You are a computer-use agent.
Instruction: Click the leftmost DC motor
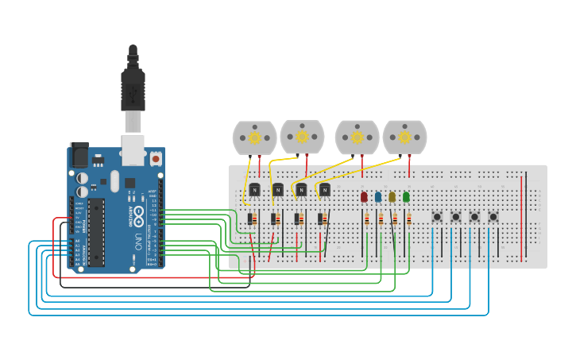pos(254,137)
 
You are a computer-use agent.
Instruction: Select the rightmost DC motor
pos(404,137)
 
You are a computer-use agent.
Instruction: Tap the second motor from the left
pos(302,137)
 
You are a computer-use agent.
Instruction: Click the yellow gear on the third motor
pos(358,137)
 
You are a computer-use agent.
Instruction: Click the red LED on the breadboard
pos(364,196)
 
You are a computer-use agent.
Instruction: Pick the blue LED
pos(378,196)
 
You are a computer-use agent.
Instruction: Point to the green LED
pos(406,196)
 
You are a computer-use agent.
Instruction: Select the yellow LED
pos(392,196)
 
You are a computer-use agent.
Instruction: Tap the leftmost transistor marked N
pos(254,189)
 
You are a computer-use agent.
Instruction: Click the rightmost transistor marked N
pos(324,189)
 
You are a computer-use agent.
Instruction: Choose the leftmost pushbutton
pos(436,216)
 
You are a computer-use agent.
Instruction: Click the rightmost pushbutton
pos(493,216)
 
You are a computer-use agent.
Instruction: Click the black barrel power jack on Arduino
pos(79,154)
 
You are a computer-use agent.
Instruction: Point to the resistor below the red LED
pos(366,219)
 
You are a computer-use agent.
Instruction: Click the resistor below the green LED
pos(408,219)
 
